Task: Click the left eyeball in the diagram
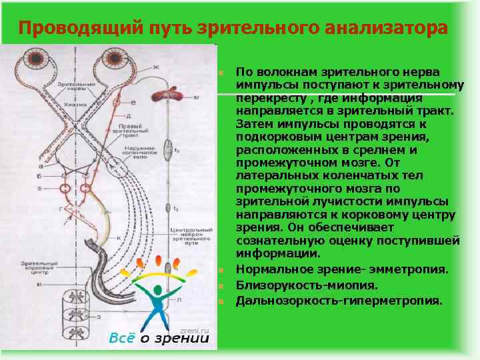tap(35, 61)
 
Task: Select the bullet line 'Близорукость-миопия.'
tap(306, 285)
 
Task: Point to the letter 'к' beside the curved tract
tap(119, 237)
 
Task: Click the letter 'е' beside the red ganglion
tap(133, 102)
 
